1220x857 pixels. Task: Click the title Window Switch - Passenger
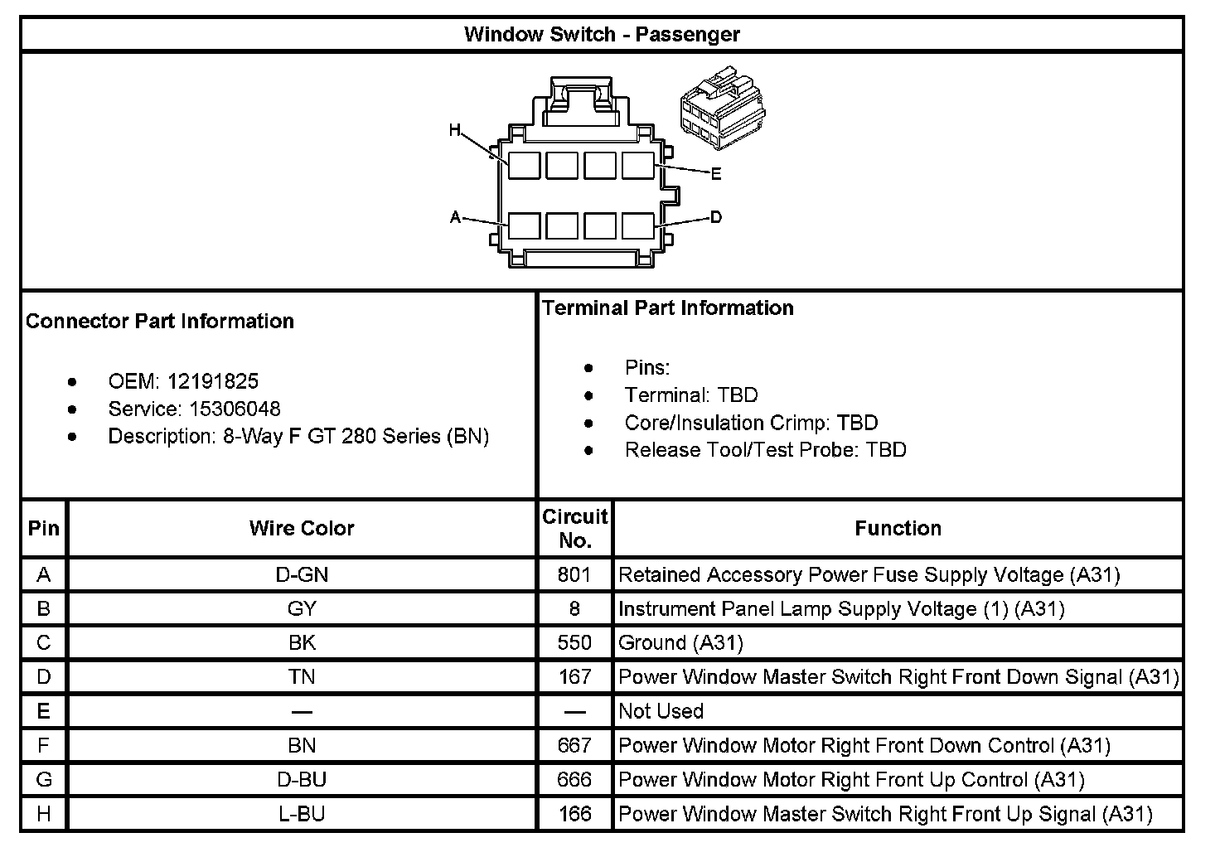[x=602, y=35]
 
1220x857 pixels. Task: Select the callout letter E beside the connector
[x=716, y=174]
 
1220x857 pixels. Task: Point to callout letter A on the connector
[x=455, y=217]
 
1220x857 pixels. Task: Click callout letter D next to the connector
[x=716, y=217]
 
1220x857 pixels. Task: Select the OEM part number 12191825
[x=213, y=381]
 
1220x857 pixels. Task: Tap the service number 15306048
[x=235, y=409]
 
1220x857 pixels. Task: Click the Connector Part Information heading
[x=160, y=322]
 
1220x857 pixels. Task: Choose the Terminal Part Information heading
[x=668, y=308]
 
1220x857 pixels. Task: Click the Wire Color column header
[x=302, y=528]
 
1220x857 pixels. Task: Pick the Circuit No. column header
[x=575, y=528]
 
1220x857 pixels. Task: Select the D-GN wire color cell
[x=302, y=574]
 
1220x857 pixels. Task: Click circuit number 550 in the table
[x=574, y=642]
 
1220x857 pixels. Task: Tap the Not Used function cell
[x=661, y=711]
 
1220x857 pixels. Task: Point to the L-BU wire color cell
[x=302, y=814]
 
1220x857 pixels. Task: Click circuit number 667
[x=574, y=745]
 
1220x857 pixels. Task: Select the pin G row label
[x=44, y=780]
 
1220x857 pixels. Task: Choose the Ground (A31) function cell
[x=681, y=642]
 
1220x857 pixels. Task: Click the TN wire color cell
[x=302, y=677]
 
